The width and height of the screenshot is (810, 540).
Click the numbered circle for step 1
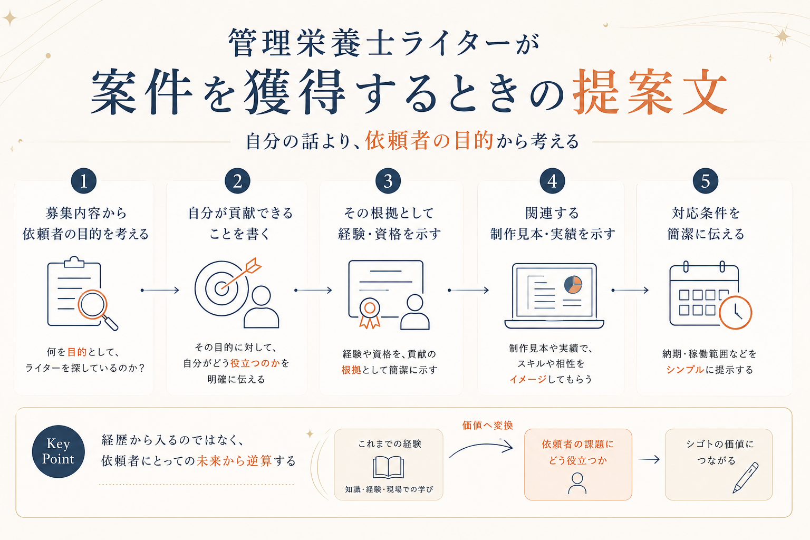[83, 181]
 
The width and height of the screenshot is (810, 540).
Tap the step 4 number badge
[552, 181]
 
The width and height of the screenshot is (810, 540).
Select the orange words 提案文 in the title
[650, 92]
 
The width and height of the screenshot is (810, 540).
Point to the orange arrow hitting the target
[241, 274]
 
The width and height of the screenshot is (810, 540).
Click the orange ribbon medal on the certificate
[370, 313]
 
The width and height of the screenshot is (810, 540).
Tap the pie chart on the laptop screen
[573, 284]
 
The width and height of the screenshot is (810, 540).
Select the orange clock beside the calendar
[735, 313]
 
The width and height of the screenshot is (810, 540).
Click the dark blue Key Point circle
[58, 451]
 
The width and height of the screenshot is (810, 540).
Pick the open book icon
[388, 467]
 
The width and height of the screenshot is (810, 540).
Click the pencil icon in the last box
[745, 477]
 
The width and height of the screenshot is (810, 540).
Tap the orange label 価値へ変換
[487, 426]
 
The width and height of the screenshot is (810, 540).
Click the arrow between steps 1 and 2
[160, 290]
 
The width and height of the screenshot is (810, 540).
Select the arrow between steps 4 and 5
[630, 290]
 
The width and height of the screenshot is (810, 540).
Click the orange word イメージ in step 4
[528, 379]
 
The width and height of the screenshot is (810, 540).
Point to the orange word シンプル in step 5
[685, 370]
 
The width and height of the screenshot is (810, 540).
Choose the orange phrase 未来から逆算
[234, 461]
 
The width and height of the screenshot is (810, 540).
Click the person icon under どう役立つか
[577, 484]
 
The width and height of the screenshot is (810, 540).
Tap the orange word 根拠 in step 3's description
[351, 370]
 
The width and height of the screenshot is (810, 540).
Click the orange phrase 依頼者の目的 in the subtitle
[429, 141]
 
